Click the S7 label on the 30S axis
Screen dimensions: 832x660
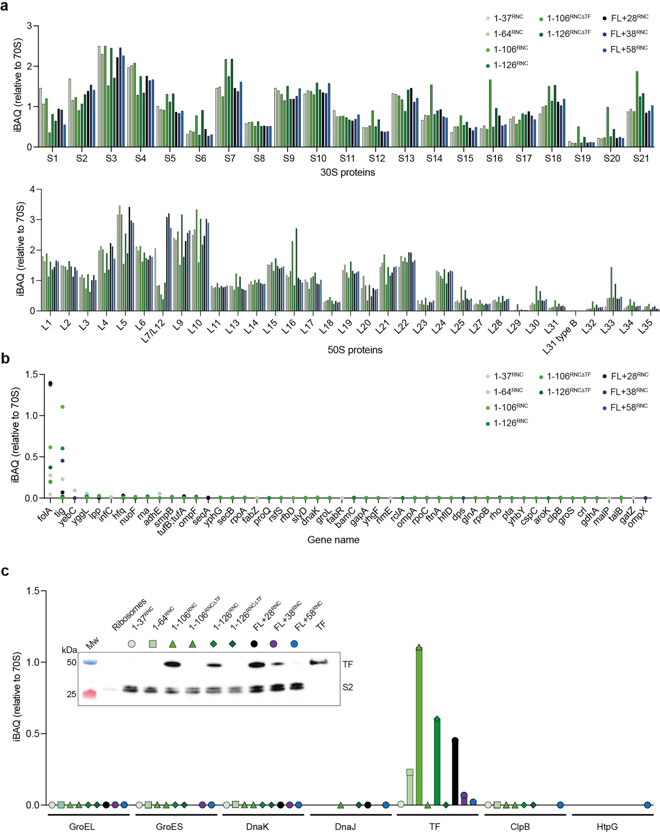pyautogui.click(x=230, y=158)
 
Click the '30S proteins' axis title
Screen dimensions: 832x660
pyautogui.click(x=347, y=172)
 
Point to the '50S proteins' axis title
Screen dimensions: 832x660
pyautogui.click(x=355, y=350)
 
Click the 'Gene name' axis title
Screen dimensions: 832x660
pyautogui.click(x=333, y=540)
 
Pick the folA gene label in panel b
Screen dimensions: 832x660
pyautogui.click(x=46, y=513)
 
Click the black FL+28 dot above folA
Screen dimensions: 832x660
pyautogui.click(x=50, y=383)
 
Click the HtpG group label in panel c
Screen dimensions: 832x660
pyautogui.click(x=607, y=827)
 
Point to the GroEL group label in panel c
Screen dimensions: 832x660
pyautogui.click(x=82, y=827)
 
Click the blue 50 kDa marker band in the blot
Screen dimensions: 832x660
pyautogui.click(x=90, y=662)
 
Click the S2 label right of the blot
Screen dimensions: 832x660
pyautogui.click(x=347, y=687)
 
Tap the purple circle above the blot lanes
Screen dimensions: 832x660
pyautogui.click(x=273, y=644)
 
